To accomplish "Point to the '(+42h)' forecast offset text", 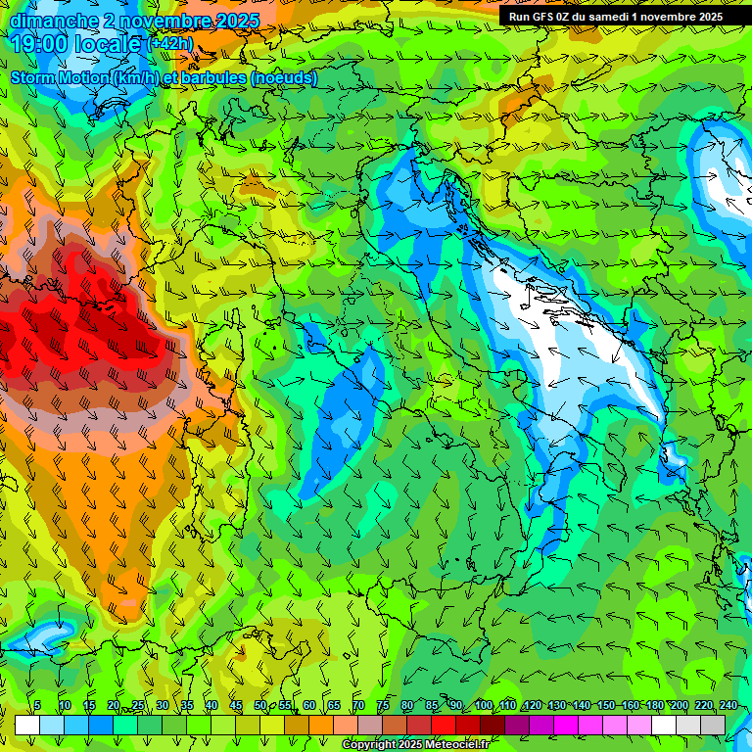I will (x=169, y=44).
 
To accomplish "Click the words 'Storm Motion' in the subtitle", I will (x=60, y=78).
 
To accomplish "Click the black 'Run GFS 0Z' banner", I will (x=615, y=16).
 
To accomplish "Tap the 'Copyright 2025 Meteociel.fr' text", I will (x=422, y=745).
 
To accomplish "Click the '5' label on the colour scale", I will (x=37, y=705).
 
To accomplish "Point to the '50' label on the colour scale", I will (x=260, y=705).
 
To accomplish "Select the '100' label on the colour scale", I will (x=483, y=705).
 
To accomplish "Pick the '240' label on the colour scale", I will (x=728, y=705).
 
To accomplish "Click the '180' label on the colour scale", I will (x=654, y=705).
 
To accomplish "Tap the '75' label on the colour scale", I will (x=383, y=705).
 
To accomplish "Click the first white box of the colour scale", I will (x=27, y=725).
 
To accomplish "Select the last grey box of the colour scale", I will (x=713, y=725).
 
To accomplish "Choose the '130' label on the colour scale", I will (x=556, y=705).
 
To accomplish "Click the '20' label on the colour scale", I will (x=114, y=705).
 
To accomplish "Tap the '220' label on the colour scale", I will (x=703, y=705).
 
